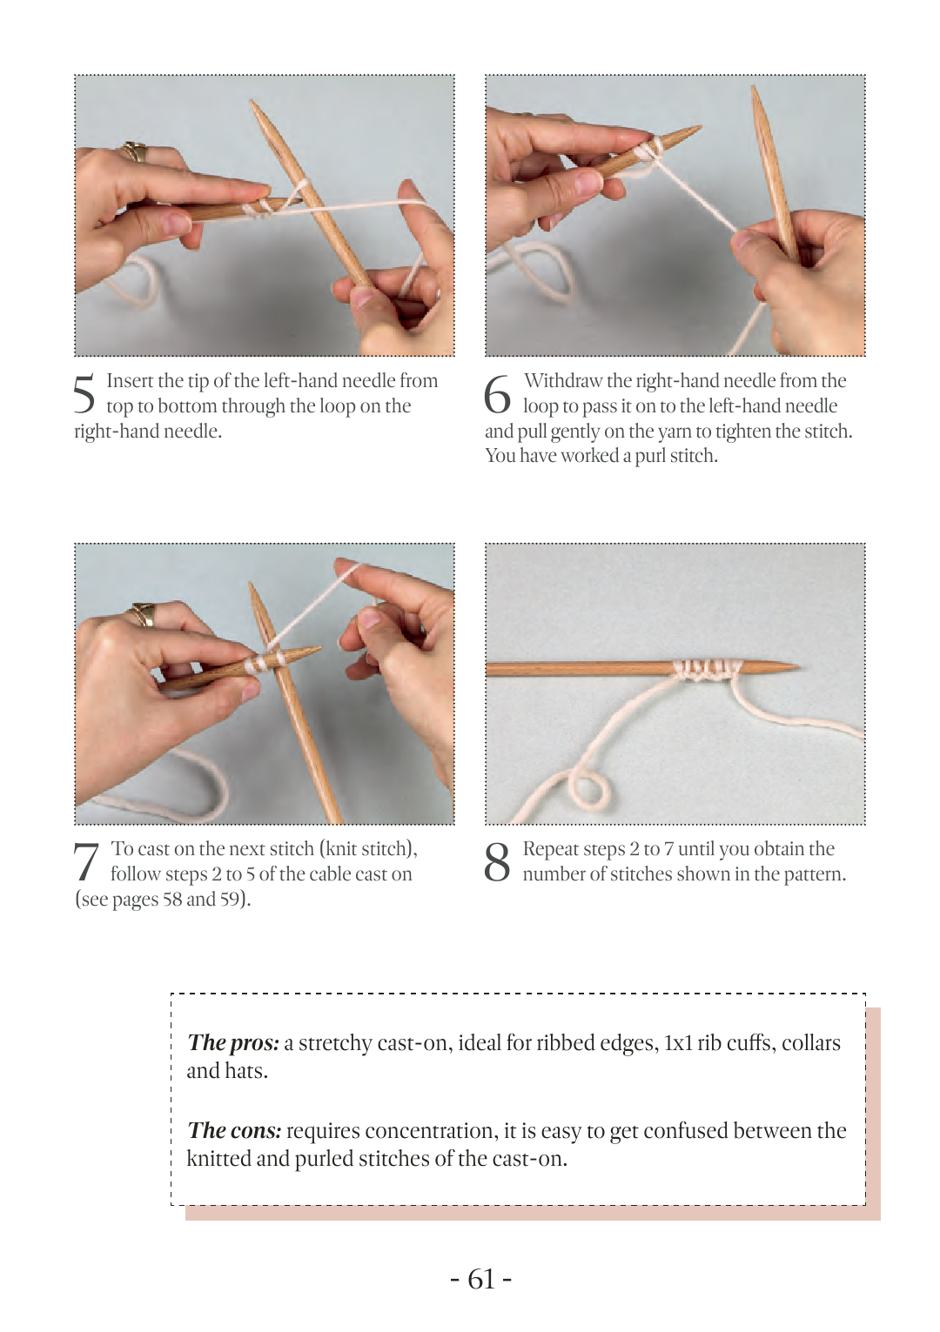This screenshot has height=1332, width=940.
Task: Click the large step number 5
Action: [x=84, y=393]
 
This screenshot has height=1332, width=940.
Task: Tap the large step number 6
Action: [x=497, y=393]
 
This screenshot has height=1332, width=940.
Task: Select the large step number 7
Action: [x=85, y=861]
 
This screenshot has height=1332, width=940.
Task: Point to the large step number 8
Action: [x=497, y=861]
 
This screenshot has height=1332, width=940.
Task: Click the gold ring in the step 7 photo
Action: [x=142, y=613]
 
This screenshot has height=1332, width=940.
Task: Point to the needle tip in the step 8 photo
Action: [x=797, y=666]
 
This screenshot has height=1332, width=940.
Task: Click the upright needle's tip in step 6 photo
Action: [x=755, y=88]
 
